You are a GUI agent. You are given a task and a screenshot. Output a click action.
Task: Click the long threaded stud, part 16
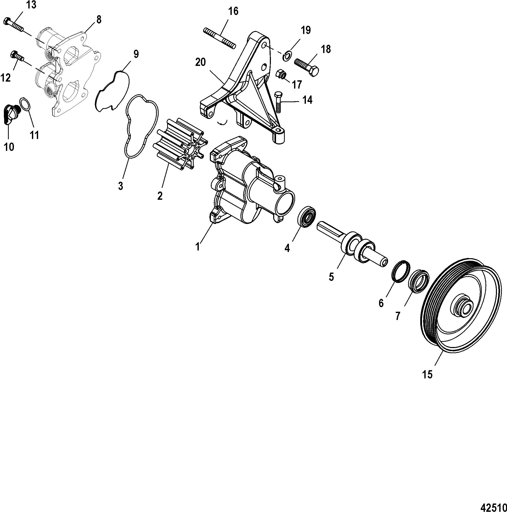point(219,38)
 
